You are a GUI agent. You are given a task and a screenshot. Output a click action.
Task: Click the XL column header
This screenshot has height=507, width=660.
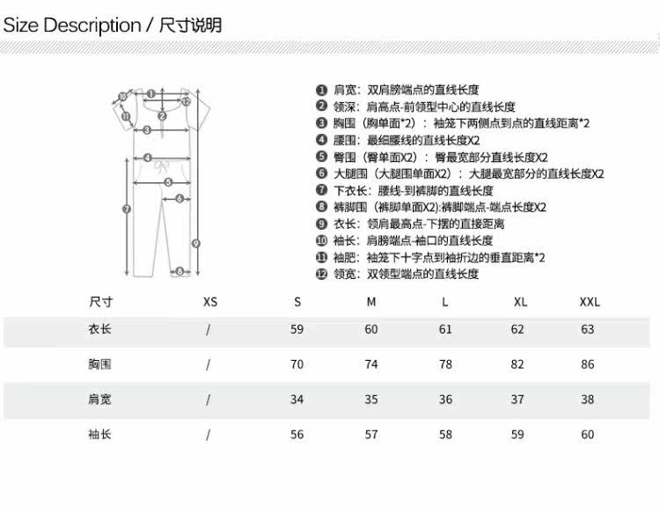tap(520, 302)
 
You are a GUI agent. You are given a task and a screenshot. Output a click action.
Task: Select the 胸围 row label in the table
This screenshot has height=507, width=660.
tap(99, 364)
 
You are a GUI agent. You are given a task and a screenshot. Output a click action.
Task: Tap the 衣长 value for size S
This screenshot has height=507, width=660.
tap(297, 329)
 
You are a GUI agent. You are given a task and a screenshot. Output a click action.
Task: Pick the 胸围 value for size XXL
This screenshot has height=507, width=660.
tap(587, 364)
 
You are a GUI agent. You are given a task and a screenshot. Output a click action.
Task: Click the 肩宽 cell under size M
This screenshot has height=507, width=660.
tap(370, 400)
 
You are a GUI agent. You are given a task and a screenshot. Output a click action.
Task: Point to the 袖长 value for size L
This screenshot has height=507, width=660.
tap(445, 435)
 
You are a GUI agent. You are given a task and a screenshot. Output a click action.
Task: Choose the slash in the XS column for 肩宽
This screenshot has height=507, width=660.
tap(209, 400)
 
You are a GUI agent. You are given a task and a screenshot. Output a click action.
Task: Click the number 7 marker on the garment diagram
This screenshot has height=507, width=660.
tap(126, 209)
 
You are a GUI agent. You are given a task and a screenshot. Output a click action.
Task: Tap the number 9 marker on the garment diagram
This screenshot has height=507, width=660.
tap(196, 243)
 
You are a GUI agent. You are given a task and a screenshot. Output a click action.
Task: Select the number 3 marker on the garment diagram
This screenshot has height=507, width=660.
tap(147, 130)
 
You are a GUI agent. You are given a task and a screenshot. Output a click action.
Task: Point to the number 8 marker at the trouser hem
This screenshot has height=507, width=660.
tap(179, 272)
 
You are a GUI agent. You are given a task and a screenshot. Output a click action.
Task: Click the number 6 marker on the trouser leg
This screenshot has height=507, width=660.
tap(179, 199)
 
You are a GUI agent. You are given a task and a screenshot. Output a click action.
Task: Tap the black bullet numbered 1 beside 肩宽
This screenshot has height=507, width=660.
tap(321, 90)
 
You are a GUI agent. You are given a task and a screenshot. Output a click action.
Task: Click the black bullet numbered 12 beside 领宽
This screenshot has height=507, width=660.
tap(321, 274)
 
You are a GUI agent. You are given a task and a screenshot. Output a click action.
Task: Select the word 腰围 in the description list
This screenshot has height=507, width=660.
tap(343, 140)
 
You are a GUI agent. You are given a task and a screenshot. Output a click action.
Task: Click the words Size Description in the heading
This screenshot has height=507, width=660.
tap(72, 25)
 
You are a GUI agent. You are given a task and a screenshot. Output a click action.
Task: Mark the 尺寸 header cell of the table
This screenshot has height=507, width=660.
tap(99, 302)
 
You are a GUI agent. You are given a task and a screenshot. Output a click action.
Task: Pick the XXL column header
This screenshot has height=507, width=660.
tap(590, 302)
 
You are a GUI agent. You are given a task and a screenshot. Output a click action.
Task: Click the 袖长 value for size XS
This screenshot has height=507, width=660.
tap(209, 435)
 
